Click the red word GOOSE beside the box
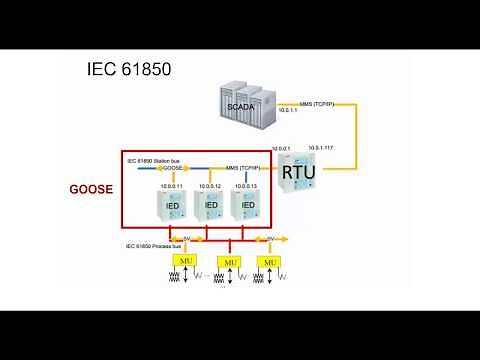tap(91, 188)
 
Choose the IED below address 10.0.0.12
tap(211, 205)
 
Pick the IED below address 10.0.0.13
tap(249, 205)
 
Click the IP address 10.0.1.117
tap(327, 147)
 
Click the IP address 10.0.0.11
tap(173, 185)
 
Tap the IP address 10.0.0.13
tap(246, 185)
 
